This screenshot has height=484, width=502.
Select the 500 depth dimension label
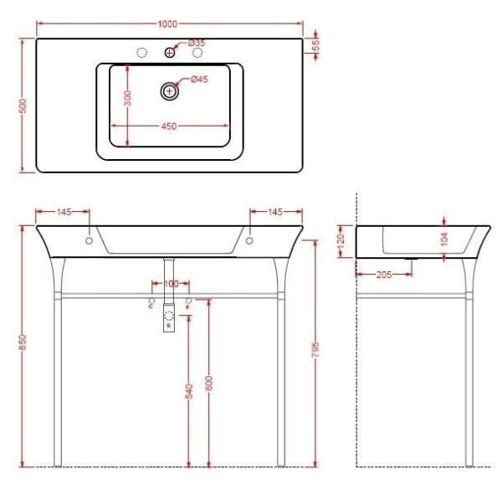[x=24, y=106]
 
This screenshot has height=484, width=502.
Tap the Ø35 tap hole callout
[x=197, y=42]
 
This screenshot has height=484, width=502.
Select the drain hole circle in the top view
[x=170, y=90]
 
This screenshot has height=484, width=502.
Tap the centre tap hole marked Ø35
[x=170, y=53]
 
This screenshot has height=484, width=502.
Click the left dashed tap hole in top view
[x=141, y=53]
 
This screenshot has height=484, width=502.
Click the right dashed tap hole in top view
[x=198, y=53]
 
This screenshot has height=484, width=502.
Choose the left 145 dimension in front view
[x=64, y=213]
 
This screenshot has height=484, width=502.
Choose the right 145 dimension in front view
[x=275, y=213]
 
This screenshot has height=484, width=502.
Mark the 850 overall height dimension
[x=24, y=344]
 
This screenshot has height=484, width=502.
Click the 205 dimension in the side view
[x=381, y=273]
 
